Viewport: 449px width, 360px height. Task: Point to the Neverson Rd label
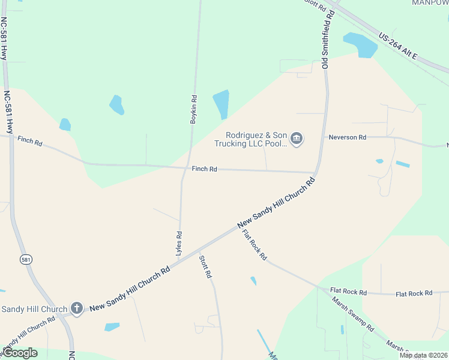coord(347,137)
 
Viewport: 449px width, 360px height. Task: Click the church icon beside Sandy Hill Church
coord(76,308)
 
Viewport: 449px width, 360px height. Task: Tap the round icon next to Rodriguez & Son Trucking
coord(297,139)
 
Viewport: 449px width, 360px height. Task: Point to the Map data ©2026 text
coord(423,355)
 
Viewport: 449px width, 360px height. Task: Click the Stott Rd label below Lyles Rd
coord(205,266)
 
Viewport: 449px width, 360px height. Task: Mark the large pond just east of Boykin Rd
coord(221,104)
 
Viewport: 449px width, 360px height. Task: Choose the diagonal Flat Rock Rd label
coord(255,245)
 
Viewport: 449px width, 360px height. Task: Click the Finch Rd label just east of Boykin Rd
coord(204,169)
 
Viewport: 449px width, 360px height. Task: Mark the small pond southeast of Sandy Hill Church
coord(112,327)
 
